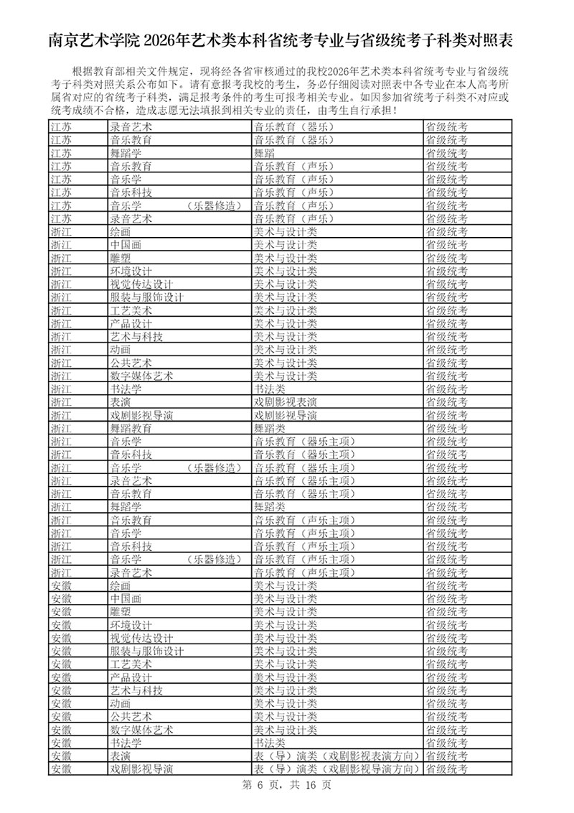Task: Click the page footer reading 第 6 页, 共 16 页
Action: (x=286, y=785)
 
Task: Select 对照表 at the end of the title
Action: (x=494, y=40)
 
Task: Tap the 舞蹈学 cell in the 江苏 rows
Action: (x=126, y=153)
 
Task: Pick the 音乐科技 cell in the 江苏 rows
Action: (x=131, y=192)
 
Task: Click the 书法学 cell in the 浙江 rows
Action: (x=126, y=389)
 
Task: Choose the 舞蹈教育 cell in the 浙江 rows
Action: (x=131, y=428)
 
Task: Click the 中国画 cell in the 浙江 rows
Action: (x=126, y=245)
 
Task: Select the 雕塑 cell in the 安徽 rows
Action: (x=121, y=611)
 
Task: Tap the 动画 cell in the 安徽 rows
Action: (x=121, y=703)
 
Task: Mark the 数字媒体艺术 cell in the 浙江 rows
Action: (x=141, y=376)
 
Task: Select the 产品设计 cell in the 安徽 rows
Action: (x=131, y=677)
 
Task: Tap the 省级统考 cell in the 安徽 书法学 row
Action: (x=446, y=743)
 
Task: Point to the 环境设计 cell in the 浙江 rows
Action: (x=131, y=271)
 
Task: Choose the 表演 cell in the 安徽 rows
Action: (x=121, y=756)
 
